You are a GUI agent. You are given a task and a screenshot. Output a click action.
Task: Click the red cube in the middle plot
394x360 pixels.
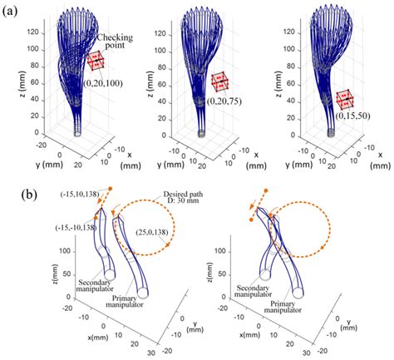click(220, 81)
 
